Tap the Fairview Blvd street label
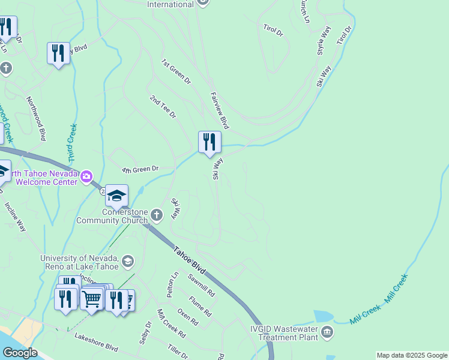(220, 110)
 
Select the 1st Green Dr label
(175, 71)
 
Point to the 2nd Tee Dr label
(163, 106)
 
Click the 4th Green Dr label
(139, 170)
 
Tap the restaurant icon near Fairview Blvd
(209, 142)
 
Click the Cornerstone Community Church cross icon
(157, 214)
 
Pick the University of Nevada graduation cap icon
(127, 261)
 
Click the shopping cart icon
(91, 298)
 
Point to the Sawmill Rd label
(201, 284)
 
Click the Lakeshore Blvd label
(96, 342)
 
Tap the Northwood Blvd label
(36, 118)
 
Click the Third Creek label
(73, 142)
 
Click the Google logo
(20, 353)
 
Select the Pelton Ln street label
(172, 285)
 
